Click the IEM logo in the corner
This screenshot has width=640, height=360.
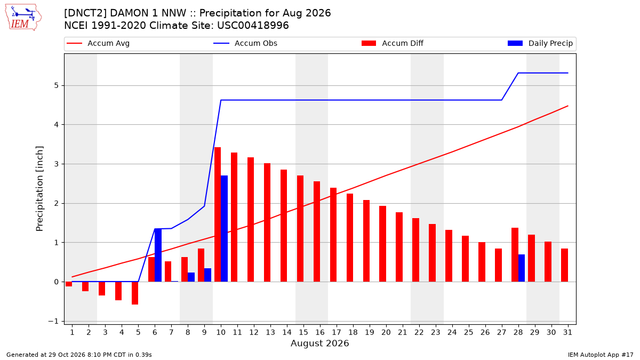coord(23,18)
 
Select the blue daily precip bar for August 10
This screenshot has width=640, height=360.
coord(225,229)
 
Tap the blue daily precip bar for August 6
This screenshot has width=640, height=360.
coord(158,255)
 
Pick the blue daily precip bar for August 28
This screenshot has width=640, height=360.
coord(522,268)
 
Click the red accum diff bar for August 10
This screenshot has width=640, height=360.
coord(218,214)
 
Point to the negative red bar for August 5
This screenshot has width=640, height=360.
coord(135,293)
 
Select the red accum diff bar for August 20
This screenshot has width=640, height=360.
coord(382,244)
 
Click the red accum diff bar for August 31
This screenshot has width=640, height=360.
coord(564,265)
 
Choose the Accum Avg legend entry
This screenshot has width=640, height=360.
coord(98,43)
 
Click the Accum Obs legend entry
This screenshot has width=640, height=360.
coord(245,43)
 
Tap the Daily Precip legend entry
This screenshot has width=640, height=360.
coord(540,43)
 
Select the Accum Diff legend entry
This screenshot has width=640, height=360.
coord(393,43)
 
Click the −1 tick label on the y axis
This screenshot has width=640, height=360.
coord(53,321)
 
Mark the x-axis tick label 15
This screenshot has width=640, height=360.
coord(303,332)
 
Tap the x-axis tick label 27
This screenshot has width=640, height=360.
coord(502,332)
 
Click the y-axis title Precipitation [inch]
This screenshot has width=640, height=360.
coord(39,189)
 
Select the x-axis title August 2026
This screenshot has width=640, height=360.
coord(319,343)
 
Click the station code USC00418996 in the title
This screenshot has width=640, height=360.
coord(253,26)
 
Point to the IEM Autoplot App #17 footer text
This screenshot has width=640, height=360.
coord(601,355)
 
